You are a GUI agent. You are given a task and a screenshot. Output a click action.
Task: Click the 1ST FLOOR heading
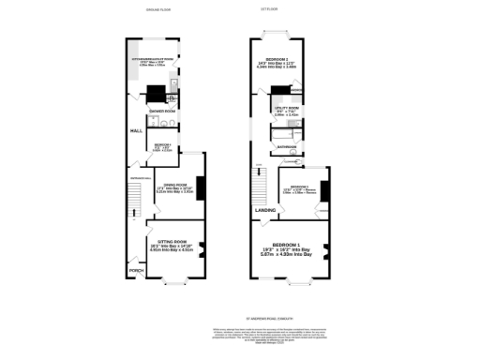(x=270, y=9)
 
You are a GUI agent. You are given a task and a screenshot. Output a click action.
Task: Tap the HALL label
(x=135, y=131)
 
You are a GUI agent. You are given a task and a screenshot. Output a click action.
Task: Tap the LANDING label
(x=263, y=210)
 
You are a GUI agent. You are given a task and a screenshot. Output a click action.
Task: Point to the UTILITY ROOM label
(x=286, y=109)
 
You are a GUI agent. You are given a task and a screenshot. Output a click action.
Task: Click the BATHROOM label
(x=285, y=146)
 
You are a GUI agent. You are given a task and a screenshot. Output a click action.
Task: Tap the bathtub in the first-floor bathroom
(x=287, y=135)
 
